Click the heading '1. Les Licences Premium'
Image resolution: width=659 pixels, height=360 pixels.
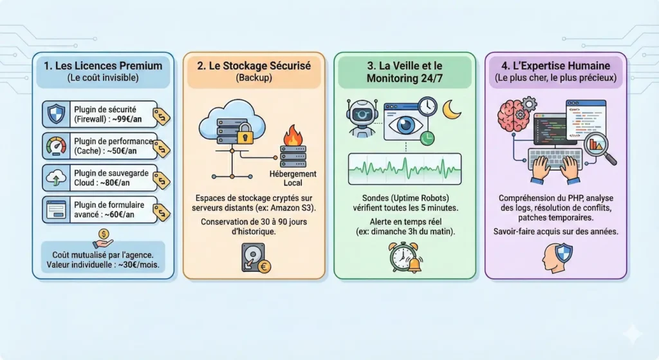(x=103, y=65)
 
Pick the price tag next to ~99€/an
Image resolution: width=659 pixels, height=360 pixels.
(x=160, y=117)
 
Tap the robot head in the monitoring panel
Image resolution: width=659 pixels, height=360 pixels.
(x=361, y=115)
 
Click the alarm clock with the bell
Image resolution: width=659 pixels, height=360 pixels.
(x=404, y=256)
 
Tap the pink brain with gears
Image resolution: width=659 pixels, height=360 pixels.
(x=513, y=116)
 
